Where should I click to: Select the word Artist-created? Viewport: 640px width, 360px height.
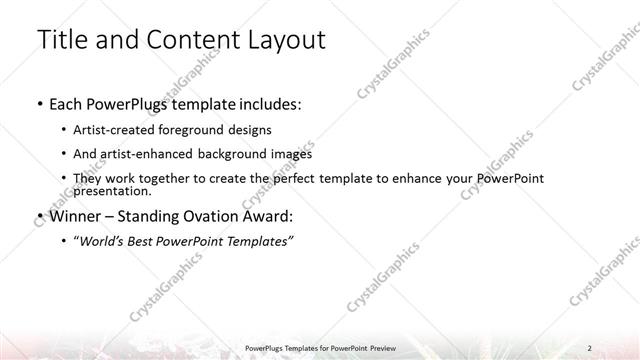[108, 130]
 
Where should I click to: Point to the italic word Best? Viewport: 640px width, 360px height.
[144, 241]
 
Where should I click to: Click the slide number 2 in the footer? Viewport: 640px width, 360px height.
[591, 347]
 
